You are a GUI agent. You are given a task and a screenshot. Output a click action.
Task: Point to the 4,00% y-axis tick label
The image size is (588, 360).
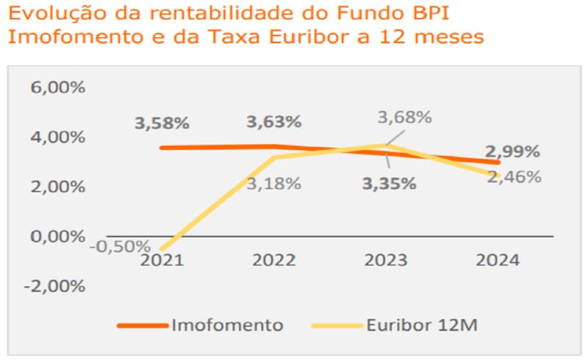pos(57,137)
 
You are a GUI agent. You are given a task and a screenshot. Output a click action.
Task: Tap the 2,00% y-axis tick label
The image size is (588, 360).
pos(57,187)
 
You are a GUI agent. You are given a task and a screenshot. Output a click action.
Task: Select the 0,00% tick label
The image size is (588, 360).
pos(57,237)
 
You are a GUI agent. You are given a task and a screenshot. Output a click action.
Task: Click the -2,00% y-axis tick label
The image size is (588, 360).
pos(54,286)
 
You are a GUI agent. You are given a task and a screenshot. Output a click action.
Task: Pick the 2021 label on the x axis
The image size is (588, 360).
pos(162,260)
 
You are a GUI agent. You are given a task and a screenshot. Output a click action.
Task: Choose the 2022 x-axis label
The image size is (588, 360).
pos(273,260)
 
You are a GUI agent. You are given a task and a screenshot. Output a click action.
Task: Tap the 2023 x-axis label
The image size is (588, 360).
pos(386,260)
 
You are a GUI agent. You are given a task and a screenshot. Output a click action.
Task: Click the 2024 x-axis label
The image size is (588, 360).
pos(498,260)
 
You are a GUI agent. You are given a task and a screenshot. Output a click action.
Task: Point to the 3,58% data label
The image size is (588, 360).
pos(162,123)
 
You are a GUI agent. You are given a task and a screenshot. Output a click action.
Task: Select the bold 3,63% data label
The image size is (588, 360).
pos(273,121)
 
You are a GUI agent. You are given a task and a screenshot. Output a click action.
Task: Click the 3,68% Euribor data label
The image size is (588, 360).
pos(404,117)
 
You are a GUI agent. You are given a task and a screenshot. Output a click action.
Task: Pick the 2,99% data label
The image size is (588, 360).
pos(513,152)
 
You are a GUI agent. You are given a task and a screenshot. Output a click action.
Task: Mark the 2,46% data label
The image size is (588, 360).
pos(514,176)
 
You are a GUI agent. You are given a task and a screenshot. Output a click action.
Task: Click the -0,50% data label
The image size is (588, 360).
pos(120,245)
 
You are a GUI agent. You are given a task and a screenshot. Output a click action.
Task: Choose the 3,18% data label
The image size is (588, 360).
pos(273,183)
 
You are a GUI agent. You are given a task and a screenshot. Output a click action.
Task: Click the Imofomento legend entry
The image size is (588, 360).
pos(227,325)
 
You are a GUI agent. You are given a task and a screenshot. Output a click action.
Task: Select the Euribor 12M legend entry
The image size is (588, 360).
pos(424,325)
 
